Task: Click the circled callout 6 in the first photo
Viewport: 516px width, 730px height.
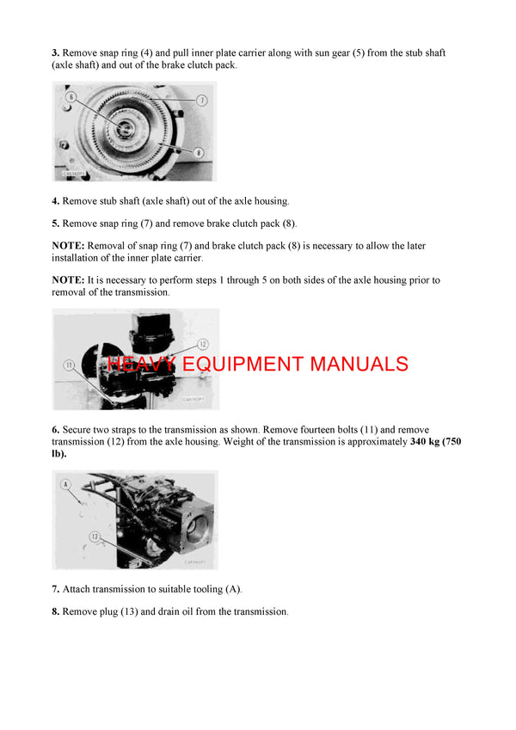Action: (x=71, y=98)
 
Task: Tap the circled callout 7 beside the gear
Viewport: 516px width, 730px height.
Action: (x=201, y=101)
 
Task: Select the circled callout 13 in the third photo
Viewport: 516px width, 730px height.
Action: (x=95, y=537)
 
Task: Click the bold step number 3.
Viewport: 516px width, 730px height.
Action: (x=56, y=53)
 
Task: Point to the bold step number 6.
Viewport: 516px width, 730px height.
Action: (x=56, y=429)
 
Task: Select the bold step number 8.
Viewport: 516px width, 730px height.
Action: (x=56, y=611)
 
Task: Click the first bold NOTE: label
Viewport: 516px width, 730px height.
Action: (x=68, y=246)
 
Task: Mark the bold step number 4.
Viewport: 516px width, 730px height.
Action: (x=56, y=201)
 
